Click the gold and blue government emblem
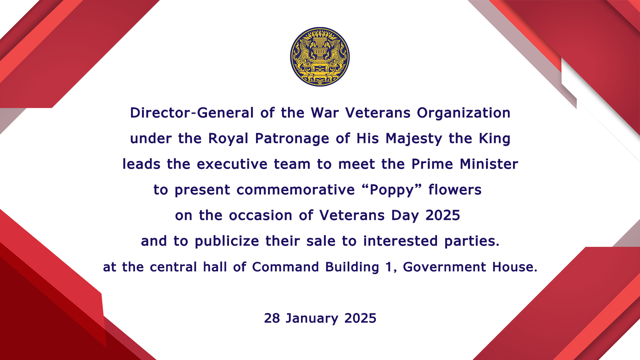click(320, 57)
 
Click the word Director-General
click(192, 113)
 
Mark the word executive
click(232, 164)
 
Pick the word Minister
click(489, 164)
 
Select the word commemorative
click(296, 190)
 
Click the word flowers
click(455, 190)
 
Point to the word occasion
click(261, 216)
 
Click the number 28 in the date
click(272, 318)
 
